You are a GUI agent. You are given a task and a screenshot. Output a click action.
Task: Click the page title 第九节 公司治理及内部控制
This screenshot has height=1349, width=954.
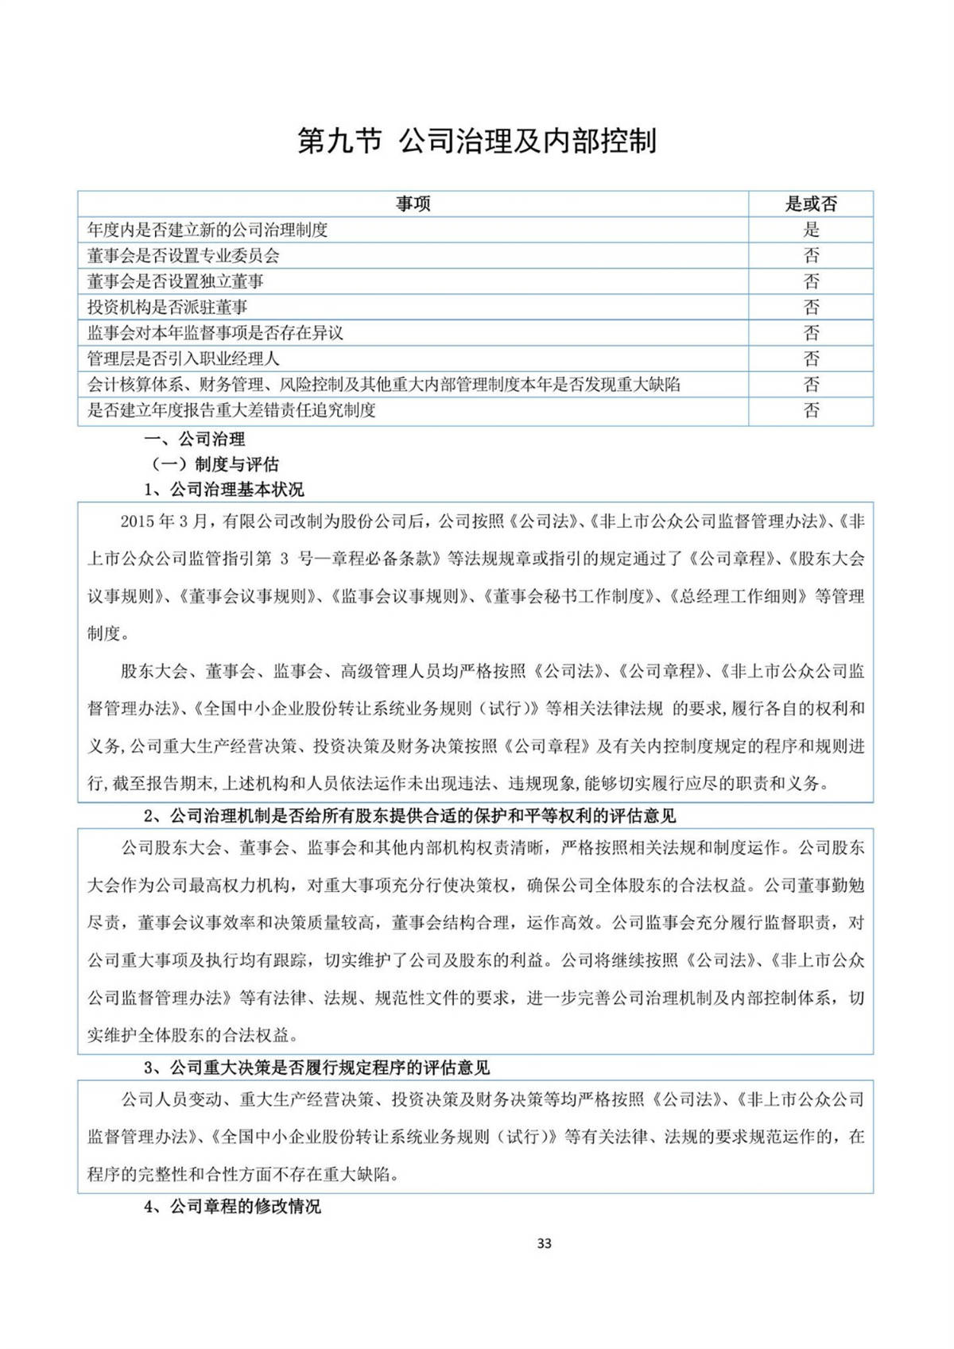[477, 141]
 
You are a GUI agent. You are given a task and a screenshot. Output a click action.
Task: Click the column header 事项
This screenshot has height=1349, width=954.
[413, 204]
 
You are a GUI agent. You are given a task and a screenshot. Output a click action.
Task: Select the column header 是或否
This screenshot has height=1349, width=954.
[811, 204]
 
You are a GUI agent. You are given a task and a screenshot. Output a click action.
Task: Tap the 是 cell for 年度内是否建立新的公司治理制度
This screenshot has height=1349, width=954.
[811, 230]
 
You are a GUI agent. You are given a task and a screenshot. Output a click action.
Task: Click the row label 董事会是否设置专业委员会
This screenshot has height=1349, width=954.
[184, 256]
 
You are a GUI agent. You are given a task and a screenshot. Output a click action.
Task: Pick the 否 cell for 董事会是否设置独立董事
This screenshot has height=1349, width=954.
[811, 281]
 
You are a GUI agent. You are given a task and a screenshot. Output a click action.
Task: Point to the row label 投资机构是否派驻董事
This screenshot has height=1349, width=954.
[168, 308]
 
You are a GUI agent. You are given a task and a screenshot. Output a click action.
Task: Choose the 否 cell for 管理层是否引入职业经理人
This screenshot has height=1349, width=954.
[811, 359]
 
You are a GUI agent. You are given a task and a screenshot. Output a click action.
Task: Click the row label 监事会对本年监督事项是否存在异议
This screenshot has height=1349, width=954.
[215, 333]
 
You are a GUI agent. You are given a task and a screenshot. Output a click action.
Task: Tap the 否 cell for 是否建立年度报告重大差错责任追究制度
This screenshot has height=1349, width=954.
[811, 410]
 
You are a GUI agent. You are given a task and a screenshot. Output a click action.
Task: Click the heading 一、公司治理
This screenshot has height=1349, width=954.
[194, 439]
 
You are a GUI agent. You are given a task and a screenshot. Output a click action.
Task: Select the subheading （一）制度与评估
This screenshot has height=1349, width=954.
[215, 464]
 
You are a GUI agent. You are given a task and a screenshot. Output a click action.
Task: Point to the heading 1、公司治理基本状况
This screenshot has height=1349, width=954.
[223, 489]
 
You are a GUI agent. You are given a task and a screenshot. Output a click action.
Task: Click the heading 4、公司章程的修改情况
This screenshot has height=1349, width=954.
[232, 1207]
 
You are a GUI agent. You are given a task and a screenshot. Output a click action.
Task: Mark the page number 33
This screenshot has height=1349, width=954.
[545, 1243]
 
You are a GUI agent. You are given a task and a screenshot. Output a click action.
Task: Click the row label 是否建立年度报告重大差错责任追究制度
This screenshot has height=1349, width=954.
[231, 410]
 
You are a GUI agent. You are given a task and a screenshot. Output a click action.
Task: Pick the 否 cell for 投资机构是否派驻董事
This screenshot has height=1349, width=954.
[811, 308]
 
